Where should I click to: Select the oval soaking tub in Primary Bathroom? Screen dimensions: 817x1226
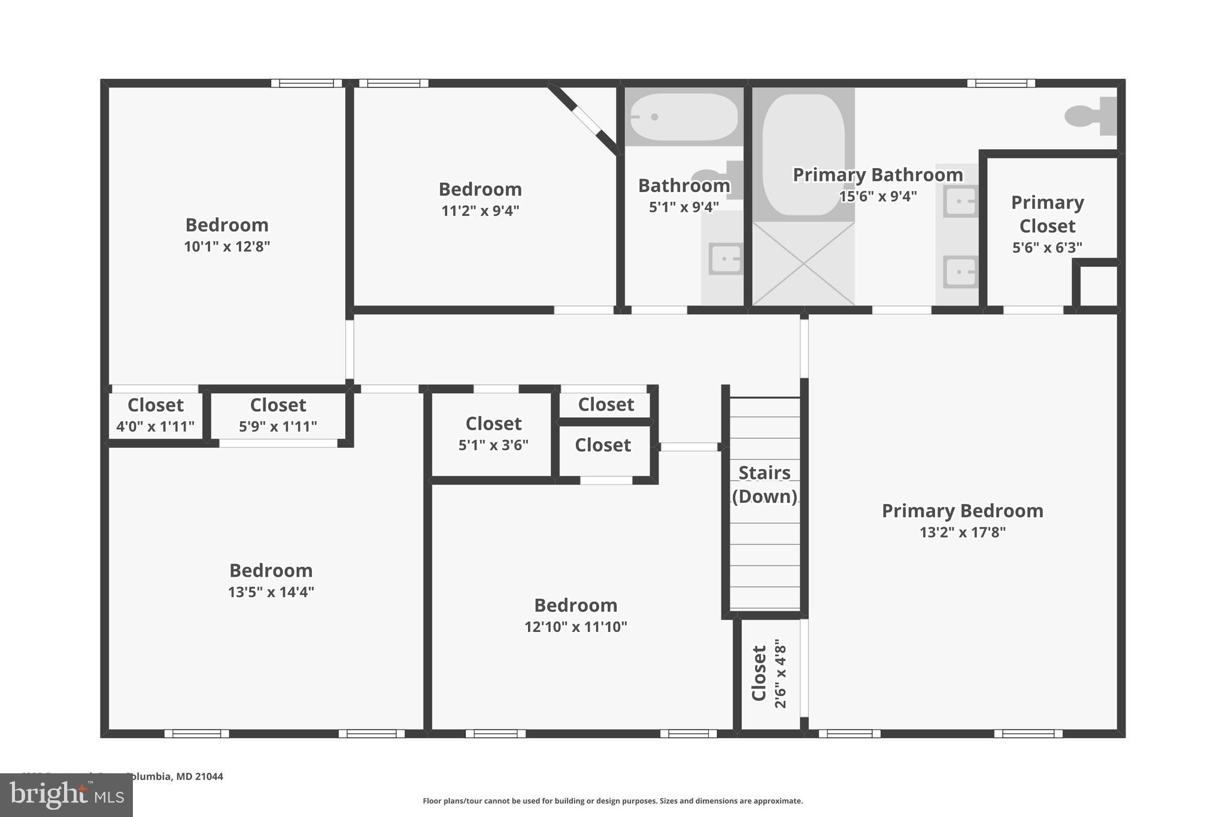(803, 154)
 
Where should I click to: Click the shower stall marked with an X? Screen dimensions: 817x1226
(803, 263)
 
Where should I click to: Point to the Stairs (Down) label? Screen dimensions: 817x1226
(764, 484)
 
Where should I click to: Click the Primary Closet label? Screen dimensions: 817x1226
(1047, 214)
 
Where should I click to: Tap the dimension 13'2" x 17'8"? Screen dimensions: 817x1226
(962, 532)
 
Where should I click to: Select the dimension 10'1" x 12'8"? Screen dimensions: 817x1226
(227, 247)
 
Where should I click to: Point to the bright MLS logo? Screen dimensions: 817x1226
(66, 795)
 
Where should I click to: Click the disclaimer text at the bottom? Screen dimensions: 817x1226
(612, 801)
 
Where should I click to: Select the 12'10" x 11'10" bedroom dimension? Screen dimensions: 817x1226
(575, 627)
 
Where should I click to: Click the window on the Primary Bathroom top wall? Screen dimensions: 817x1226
(1001, 83)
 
